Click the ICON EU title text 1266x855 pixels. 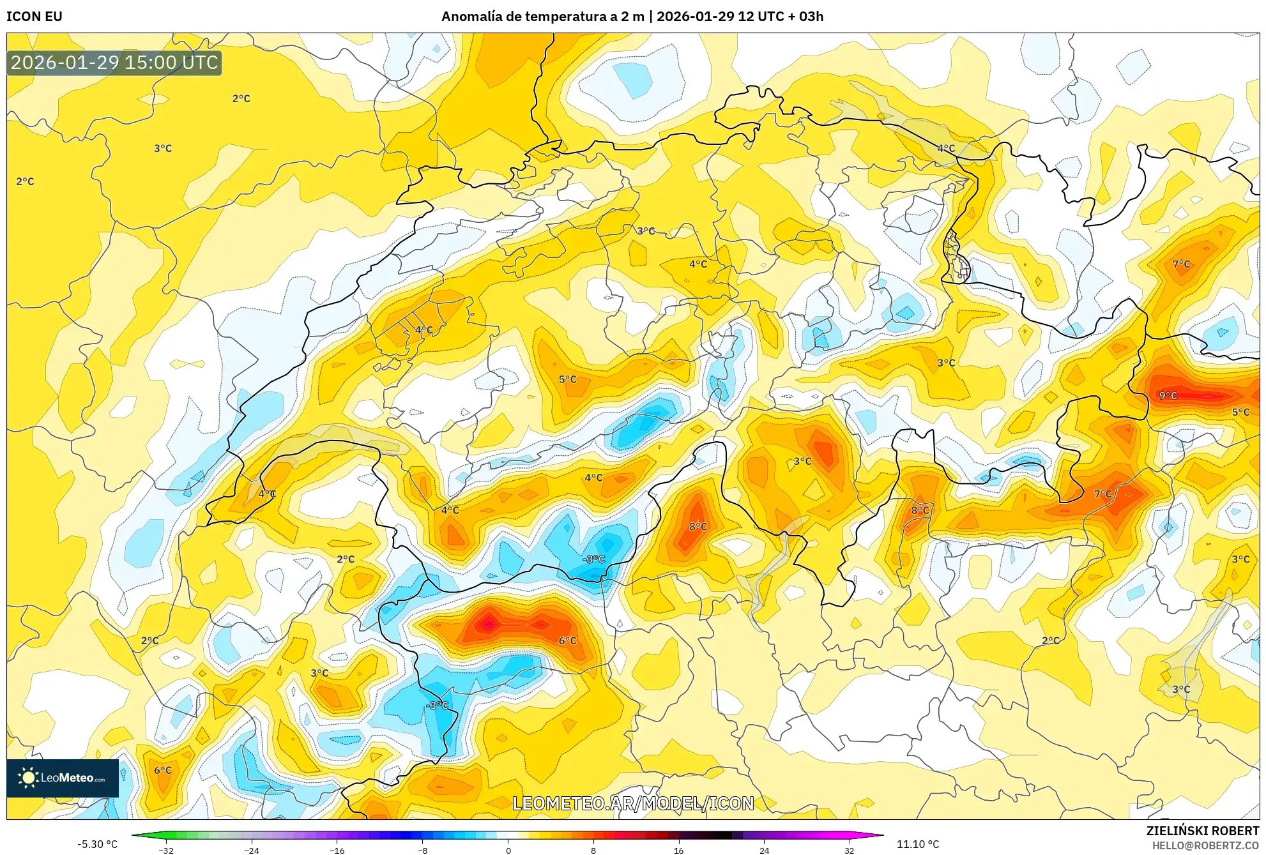(x=34, y=17)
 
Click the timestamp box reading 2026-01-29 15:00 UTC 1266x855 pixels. (x=114, y=63)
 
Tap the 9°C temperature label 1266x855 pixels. (x=1168, y=396)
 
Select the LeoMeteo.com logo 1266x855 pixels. (x=63, y=778)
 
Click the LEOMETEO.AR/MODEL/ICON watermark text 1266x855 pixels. (x=633, y=803)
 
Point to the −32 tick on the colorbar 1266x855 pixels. (x=166, y=850)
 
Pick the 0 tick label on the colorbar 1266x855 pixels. (x=508, y=850)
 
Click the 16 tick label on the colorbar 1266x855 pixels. (x=678, y=850)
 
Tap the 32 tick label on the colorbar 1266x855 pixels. (x=849, y=850)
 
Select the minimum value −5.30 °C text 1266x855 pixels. (x=98, y=844)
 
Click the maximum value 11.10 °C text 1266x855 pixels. (x=918, y=844)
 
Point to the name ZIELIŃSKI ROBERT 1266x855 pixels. (x=1202, y=831)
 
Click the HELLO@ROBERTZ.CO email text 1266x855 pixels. (x=1205, y=845)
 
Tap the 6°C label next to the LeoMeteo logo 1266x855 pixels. (x=163, y=770)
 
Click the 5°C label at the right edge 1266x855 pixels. (x=1240, y=412)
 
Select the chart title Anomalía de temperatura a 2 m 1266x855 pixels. (x=542, y=17)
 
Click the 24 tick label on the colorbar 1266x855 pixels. (x=764, y=850)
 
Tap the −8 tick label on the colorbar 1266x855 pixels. (x=422, y=850)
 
